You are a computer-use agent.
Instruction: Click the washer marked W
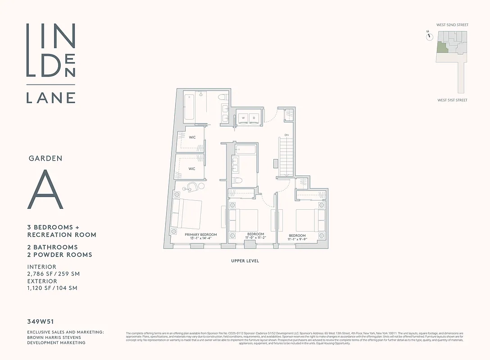pos(243,117)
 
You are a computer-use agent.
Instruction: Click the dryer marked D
pos(254,117)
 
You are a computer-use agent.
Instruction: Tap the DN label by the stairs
pos(286,135)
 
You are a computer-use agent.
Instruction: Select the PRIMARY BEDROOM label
pos(201,234)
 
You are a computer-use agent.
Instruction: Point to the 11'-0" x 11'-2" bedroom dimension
pos(255,238)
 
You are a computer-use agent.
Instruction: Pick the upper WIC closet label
pos(192,137)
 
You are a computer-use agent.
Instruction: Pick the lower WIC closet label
pos(192,169)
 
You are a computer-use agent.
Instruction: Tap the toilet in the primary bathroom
pos(222,97)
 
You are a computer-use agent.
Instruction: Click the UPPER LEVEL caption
pos(245,261)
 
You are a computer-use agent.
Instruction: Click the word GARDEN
pos(45,158)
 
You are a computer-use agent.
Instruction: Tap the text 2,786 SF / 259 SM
pos(54,274)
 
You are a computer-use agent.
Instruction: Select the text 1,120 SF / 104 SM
pos(52,288)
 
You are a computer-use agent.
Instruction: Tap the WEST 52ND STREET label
pos(452,25)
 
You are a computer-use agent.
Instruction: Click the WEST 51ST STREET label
pos(452,100)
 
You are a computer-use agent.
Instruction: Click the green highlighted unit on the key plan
pos(441,48)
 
